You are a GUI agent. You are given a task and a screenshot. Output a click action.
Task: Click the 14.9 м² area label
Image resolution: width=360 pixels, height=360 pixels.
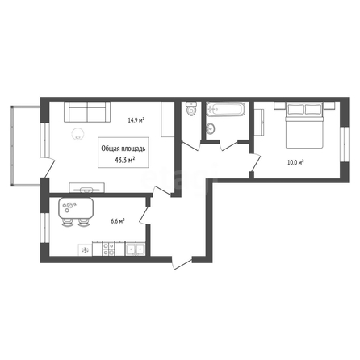coord(136,120)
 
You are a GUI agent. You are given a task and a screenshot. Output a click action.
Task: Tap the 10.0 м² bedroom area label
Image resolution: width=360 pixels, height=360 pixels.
coord(295,162)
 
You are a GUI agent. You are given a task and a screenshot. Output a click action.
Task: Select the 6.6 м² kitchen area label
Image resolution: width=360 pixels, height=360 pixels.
coord(118,221)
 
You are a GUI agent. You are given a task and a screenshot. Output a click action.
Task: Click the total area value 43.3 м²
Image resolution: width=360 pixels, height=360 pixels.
coord(125,160)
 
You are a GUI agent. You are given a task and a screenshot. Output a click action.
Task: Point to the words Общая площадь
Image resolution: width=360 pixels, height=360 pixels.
coord(123,149)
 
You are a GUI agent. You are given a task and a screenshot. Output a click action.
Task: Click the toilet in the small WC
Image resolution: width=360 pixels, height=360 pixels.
coord(191,108)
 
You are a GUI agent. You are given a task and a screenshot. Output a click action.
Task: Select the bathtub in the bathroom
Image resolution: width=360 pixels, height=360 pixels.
coord(225,109)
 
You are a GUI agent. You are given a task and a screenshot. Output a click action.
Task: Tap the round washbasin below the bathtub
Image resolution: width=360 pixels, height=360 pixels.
coord(210,128)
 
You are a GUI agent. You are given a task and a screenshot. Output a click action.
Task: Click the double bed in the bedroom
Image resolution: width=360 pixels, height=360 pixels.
coord(304,125)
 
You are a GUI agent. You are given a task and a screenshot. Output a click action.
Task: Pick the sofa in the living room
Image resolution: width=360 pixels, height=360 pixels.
coord(87,111)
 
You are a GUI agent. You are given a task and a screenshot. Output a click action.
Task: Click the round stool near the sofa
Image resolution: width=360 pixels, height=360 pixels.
coord(77,133)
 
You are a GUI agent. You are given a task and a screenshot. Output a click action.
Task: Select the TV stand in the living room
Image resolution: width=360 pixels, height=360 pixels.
coord(87,187)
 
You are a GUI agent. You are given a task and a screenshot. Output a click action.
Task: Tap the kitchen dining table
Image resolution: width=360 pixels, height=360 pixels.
coord(76,208)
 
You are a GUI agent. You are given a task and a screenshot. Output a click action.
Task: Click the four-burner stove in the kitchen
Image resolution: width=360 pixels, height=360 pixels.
coord(109,249)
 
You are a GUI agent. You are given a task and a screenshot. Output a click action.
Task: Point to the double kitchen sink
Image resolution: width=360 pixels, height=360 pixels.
coord(136,249)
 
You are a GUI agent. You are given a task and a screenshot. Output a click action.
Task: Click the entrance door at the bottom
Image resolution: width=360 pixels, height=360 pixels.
coord(182,263)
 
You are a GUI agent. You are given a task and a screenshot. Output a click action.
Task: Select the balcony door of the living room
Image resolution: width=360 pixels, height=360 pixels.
coord(50,167)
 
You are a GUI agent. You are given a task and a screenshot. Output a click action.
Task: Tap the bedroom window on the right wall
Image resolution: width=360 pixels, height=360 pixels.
coord(344,144)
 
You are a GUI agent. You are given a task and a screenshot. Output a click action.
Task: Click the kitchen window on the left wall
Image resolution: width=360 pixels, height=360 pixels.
coord(44,228)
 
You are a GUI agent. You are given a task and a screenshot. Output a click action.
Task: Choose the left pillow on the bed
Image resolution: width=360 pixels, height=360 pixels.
coord(295,109)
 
